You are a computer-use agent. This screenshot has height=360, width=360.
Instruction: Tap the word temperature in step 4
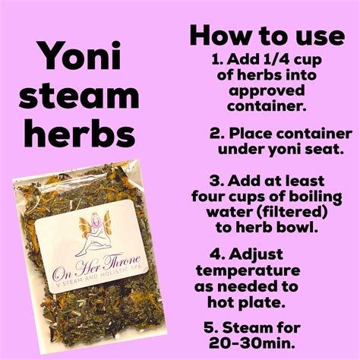(248, 271)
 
